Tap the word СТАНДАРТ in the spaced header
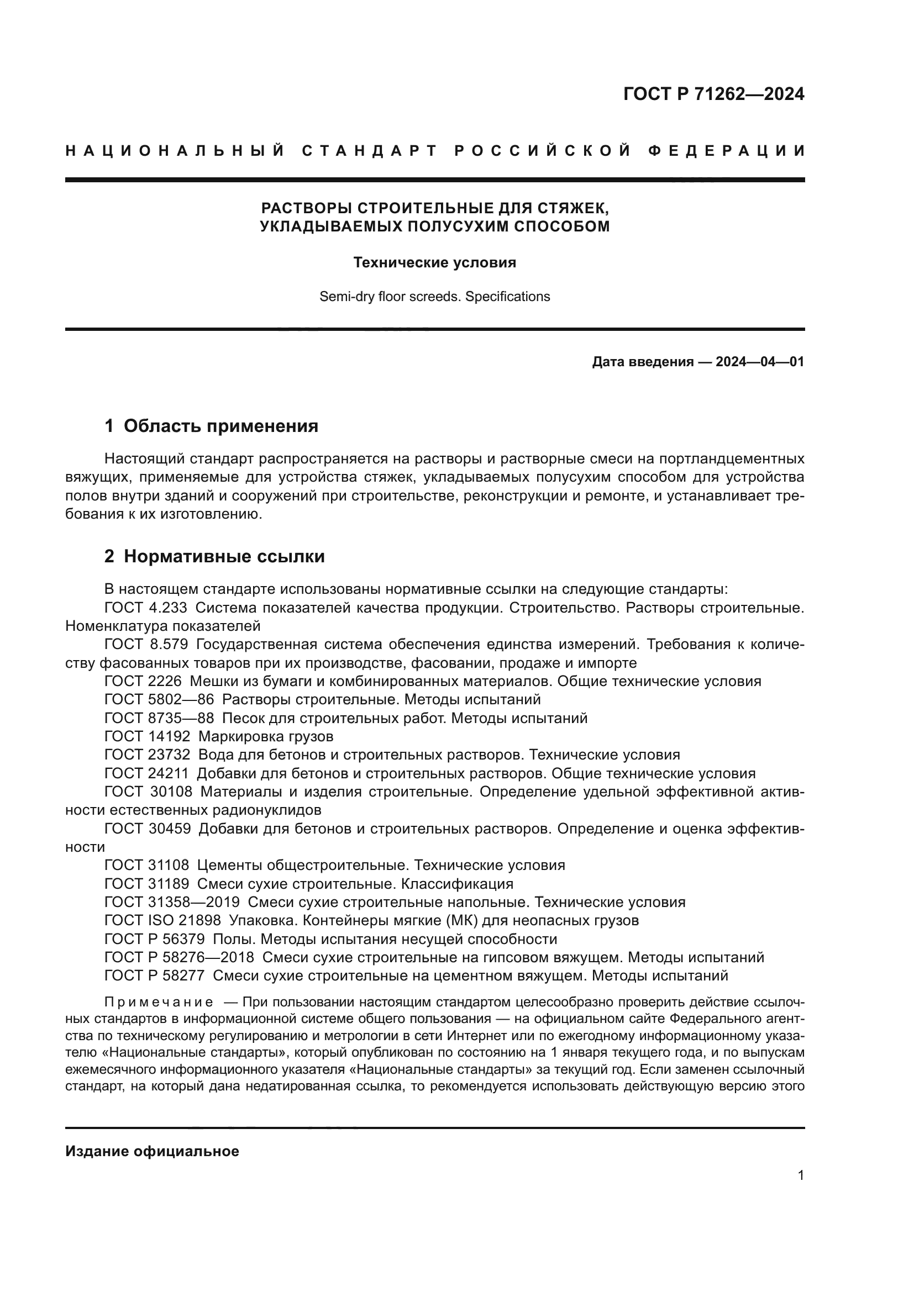[370, 151]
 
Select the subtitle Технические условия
[434, 262]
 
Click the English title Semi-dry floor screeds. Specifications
[434, 297]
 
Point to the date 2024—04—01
[759, 362]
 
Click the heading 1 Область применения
[211, 426]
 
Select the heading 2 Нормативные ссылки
[214, 557]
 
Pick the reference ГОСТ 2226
[143, 681]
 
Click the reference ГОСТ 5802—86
[159, 699]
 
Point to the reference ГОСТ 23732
[148, 755]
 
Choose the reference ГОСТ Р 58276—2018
[179, 957]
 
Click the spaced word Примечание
[159, 1002]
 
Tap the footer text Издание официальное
[152, 1151]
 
